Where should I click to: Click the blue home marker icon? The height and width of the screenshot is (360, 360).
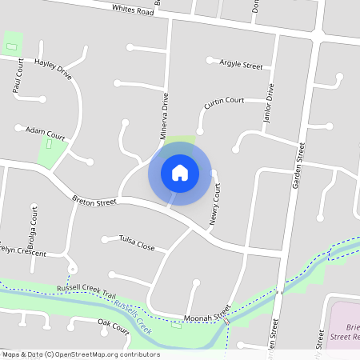[x=179, y=172]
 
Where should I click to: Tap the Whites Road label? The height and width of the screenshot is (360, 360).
[x=133, y=10]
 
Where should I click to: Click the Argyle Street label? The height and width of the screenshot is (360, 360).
[x=241, y=64]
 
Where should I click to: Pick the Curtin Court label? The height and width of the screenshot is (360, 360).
[x=224, y=102]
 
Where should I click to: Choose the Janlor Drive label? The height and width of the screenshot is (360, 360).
[x=270, y=107]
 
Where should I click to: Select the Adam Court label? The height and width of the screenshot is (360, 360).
[x=45, y=130]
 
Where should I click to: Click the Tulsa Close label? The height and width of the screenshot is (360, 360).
[x=137, y=242]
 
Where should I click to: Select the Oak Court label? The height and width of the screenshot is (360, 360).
[x=114, y=326]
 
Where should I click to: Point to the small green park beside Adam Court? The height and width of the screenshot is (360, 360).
[x=51, y=151]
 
